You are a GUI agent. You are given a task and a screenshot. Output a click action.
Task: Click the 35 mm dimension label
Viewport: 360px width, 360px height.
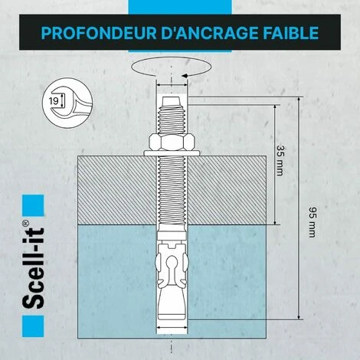[280, 161]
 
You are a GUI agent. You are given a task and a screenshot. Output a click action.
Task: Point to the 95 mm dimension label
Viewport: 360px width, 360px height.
[313, 222]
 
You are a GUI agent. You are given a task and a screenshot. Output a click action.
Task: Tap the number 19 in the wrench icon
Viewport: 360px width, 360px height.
[54, 101]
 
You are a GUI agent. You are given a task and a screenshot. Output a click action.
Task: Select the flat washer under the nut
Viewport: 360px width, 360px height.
[172, 153]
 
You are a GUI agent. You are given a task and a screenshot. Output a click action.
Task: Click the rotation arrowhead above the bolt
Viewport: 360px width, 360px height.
[185, 76]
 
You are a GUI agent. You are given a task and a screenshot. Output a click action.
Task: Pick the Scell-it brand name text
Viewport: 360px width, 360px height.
[33, 268]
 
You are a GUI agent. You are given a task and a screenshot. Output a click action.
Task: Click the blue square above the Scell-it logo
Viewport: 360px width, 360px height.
[33, 206]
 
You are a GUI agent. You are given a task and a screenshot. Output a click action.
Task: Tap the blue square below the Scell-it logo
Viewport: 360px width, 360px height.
[33, 326]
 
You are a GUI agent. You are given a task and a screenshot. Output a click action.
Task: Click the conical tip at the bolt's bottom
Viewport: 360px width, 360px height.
[172, 304]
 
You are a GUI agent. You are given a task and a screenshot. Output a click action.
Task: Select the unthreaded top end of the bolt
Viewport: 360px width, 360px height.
[172, 102]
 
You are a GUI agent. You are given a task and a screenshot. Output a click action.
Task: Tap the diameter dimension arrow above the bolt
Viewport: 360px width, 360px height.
[172, 85]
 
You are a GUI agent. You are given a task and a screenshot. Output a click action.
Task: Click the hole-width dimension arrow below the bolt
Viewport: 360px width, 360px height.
[172, 328]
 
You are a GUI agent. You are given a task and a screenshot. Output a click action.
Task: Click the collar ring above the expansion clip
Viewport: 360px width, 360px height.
[172, 236]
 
